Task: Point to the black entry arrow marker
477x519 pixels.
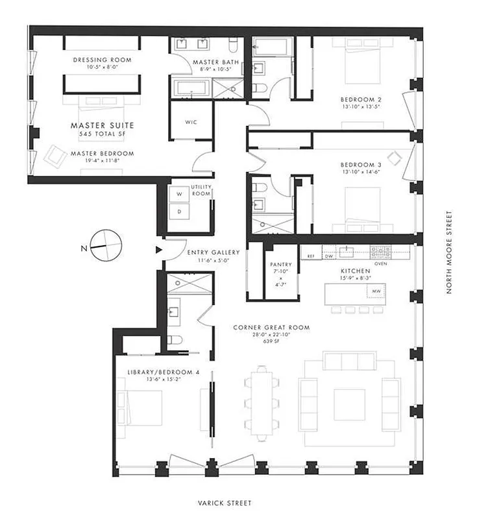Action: tap(157, 249)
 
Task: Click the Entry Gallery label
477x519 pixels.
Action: tap(213, 252)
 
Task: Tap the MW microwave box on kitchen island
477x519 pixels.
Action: tap(376, 293)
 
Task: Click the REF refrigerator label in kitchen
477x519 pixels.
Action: tap(312, 256)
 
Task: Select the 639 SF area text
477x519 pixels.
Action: tap(271, 340)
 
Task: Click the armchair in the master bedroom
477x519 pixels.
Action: tap(54, 156)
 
